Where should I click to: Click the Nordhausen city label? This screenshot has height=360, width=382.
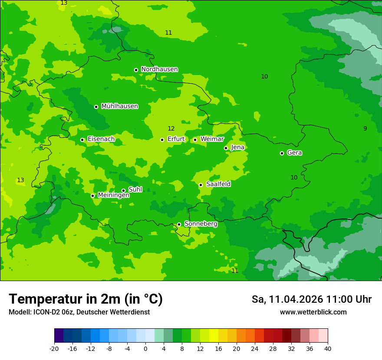tap(159, 69)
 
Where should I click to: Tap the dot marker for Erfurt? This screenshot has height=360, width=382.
tap(162, 140)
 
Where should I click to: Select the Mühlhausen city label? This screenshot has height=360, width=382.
tap(119, 106)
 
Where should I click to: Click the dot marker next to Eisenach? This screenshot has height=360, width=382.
tap(82, 140)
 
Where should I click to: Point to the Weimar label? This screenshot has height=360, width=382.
tap(212, 139)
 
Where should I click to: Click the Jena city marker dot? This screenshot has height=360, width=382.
tap(226, 148)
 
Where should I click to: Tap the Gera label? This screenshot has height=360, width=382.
tap(294, 153)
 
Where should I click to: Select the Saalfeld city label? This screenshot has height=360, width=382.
tap(218, 184)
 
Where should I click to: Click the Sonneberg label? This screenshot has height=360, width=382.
tap(201, 224)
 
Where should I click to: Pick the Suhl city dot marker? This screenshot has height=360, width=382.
tap(123, 190)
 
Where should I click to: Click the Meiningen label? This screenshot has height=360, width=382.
tap(113, 195)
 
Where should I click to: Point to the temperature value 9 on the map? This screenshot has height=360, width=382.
tap(365, 128)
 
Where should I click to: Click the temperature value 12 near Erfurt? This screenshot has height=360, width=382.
tap(171, 128)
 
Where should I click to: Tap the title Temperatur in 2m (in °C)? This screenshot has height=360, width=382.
tap(86, 299)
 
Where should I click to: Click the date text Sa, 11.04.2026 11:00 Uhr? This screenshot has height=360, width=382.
tap(311, 299)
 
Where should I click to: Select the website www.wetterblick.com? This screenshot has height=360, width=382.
tap(313, 312)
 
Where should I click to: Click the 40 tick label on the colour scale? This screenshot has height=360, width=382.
tap(327, 348)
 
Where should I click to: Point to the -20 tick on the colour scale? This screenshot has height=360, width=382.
tap(54, 348)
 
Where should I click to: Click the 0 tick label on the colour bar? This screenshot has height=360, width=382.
tap(145, 348)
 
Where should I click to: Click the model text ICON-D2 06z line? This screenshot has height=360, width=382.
tap(79, 312)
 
